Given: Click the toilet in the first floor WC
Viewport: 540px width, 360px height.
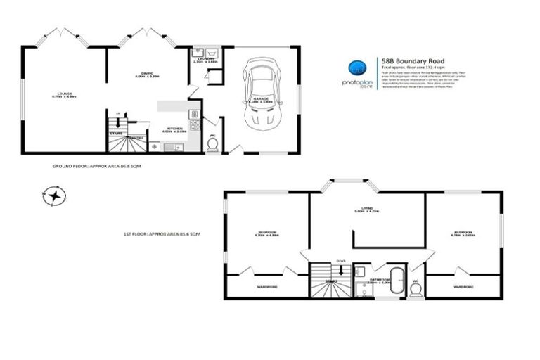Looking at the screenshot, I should pyautogui.click(x=415, y=288).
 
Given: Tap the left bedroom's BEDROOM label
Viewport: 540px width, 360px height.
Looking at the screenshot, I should pyautogui.click(x=265, y=231).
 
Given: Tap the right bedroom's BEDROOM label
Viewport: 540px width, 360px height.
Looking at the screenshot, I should pyautogui.click(x=462, y=231).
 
